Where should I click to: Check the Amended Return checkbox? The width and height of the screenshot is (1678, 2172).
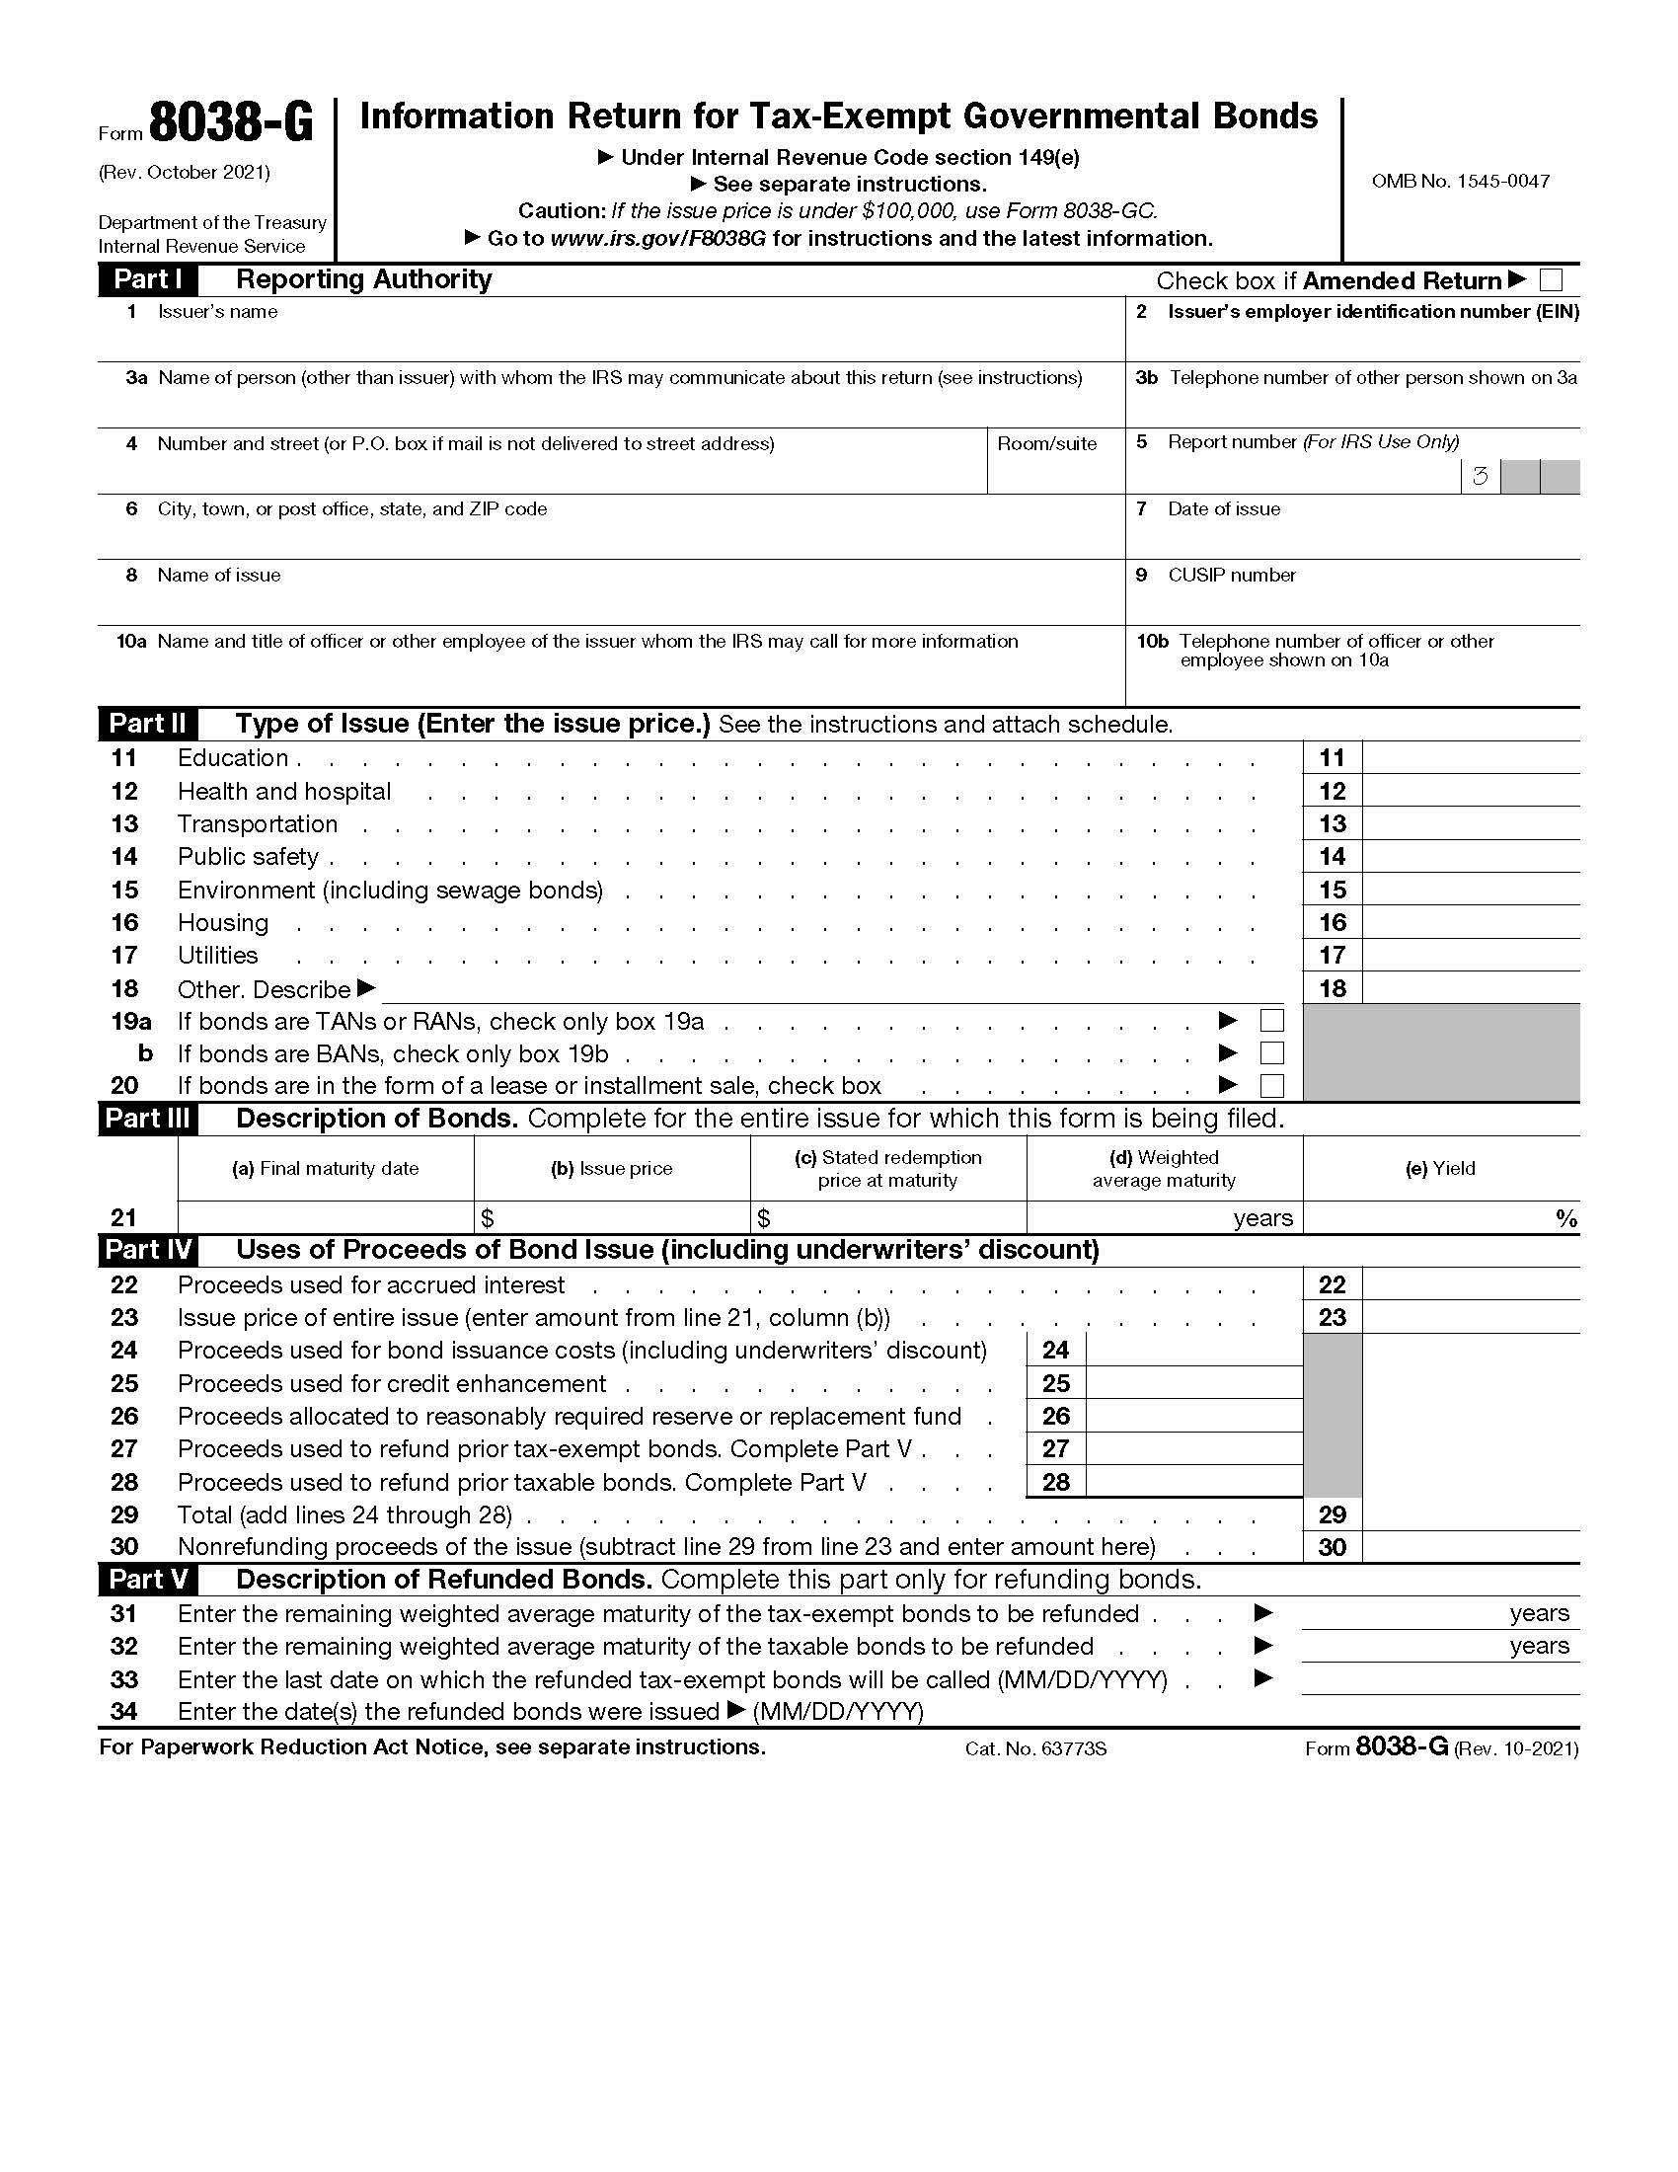point(1550,280)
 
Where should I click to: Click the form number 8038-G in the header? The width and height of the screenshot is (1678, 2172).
point(231,125)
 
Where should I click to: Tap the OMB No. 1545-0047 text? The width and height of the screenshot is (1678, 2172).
point(1459,181)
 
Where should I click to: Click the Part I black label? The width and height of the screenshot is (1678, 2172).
point(147,279)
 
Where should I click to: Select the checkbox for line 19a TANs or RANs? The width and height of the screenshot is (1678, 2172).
point(1271,1021)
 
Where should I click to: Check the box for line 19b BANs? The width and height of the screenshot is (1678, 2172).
point(1271,1053)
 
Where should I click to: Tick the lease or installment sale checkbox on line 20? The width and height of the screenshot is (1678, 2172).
point(1271,1085)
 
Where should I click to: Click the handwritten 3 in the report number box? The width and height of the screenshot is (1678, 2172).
point(1480,477)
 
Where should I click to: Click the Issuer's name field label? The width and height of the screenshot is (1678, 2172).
point(217,311)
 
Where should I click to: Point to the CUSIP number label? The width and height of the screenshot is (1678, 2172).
point(1231,575)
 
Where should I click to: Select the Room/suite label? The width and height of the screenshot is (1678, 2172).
point(1045,443)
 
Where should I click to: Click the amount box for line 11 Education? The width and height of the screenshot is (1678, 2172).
point(1470,758)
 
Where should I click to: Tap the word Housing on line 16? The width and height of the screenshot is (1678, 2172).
point(223,923)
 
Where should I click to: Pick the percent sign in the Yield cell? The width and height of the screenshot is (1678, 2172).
point(1566,1218)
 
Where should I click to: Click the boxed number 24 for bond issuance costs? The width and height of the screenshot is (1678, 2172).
point(1055,1351)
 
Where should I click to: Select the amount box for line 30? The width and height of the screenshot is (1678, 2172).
point(1470,1546)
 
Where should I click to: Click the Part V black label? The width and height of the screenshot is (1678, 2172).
point(147,1580)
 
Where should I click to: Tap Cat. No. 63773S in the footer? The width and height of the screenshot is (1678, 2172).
point(1034,1748)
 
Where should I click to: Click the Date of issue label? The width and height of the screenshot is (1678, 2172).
point(1223,509)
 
